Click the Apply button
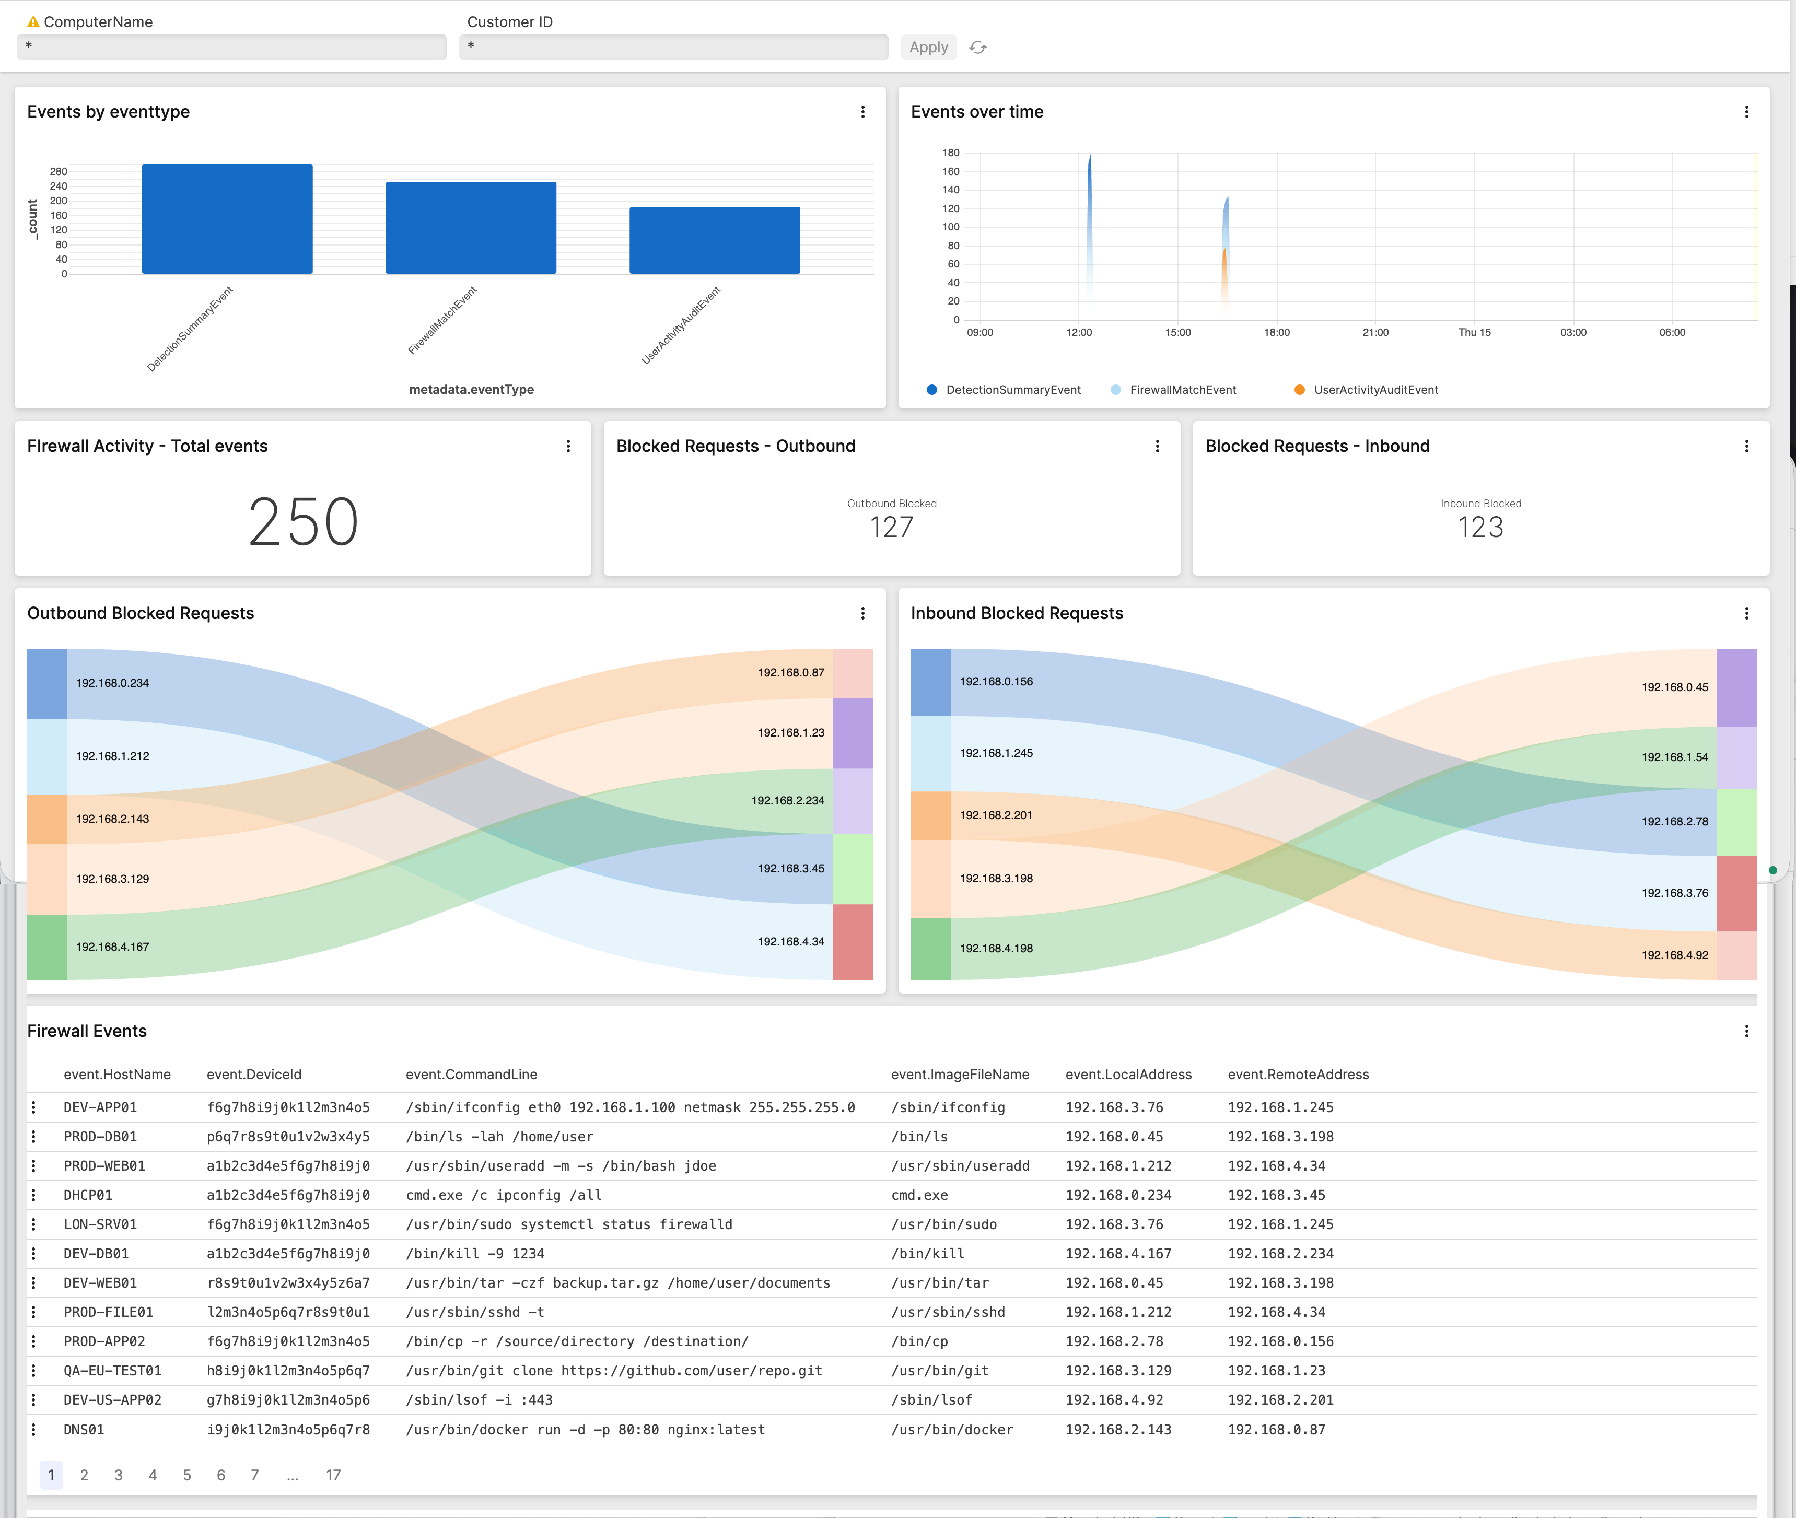coord(928,48)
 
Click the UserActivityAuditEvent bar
coord(714,240)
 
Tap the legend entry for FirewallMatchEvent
coord(1182,390)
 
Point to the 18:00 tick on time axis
coord(1276,332)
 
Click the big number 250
coord(303,521)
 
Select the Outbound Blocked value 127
coord(892,527)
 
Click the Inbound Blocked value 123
coord(1480,527)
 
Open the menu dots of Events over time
coord(1746,112)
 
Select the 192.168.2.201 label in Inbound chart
coord(996,815)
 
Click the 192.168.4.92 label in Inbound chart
coord(1674,955)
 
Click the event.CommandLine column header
coord(471,1074)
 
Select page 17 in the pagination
coord(333,1475)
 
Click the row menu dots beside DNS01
coord(33,1429)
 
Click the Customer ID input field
coord(673,46)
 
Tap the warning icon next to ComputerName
coord(33,21)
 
